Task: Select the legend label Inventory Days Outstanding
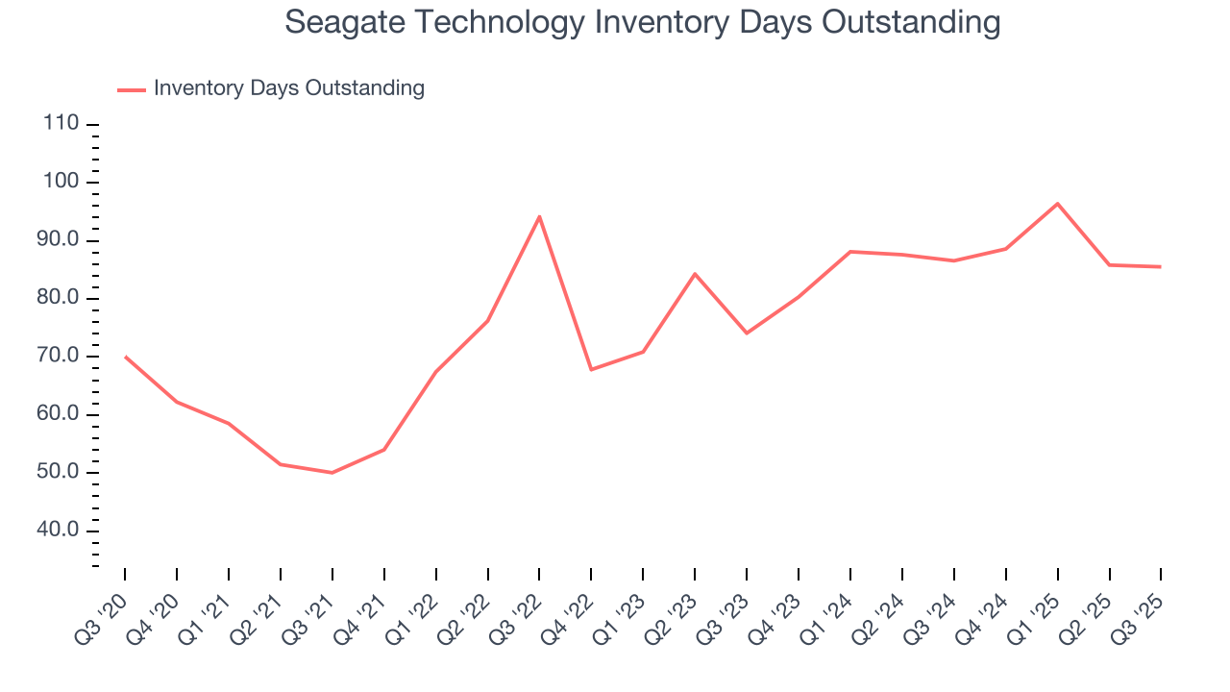(x=288, y=88)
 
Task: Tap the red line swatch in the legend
(x=131, y=89)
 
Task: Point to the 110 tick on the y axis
(x=60, y=124)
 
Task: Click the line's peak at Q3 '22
(x=539, y=216)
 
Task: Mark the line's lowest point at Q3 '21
(x=332, y=473)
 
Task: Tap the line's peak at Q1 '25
(x=1058, y=204)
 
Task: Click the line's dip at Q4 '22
(x=591, y=369)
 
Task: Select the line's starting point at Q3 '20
(x=125, y=357)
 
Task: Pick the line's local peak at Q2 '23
(x=695, y=274)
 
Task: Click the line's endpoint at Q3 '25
(x=1161, y=266)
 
